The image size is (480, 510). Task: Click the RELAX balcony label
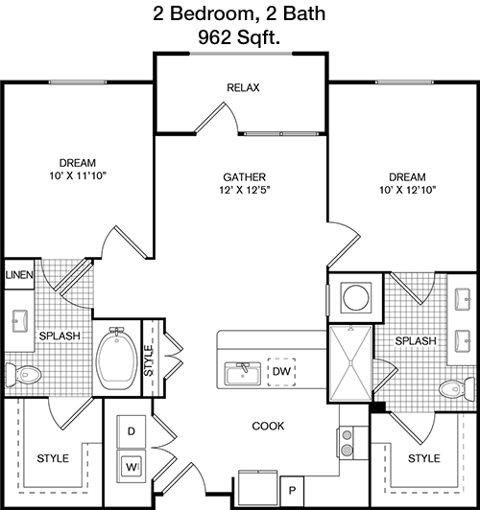(x=243, y=87)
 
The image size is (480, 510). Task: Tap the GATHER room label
(x=244, y=177)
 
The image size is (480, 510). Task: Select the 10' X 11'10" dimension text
(x=78, y=175)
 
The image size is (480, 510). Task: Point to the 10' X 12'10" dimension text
(x=407, y=190)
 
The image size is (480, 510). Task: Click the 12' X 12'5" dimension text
(x=245, y=190)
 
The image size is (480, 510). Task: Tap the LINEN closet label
(x=19, y=275)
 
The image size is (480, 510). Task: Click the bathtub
(x=117, y=359)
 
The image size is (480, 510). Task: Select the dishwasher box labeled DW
(x=281, y=372)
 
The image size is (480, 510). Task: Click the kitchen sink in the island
(x=243, y=374)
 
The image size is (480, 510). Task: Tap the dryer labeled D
(x=132, y=431)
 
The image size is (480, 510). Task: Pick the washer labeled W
(x=132, y=467)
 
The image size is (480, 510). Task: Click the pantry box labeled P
(x=292, y=490)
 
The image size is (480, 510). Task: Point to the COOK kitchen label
(x=268, y=426)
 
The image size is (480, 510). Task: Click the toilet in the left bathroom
(x=23, y=375)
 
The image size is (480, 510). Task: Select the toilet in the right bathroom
(x=457, y=388)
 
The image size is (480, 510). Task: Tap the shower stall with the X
(x=350, y=364)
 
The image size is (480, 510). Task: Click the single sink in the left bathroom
(x=20, y=321)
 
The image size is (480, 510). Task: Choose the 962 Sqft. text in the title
(x=239, y=37)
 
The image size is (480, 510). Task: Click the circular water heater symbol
(x=355, y=297)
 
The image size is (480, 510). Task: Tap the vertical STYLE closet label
(x=149, y=360)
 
